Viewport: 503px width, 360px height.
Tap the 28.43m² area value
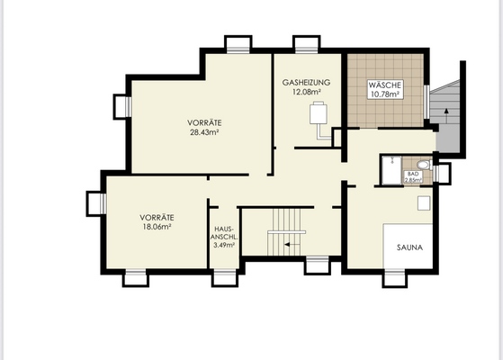(205, 132)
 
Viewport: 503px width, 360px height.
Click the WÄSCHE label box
(384, 89)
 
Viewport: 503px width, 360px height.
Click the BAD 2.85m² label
(414, 176)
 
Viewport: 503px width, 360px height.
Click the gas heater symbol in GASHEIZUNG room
(319, 116)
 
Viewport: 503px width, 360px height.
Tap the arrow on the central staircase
(288, 243)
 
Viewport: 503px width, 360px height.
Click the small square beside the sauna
(423, 203)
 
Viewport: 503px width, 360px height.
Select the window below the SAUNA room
(395, 278)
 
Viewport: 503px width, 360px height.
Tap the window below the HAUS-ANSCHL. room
(223, 278)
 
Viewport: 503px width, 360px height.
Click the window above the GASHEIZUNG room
(306, 44)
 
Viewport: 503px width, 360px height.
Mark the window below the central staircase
(317, 265)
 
